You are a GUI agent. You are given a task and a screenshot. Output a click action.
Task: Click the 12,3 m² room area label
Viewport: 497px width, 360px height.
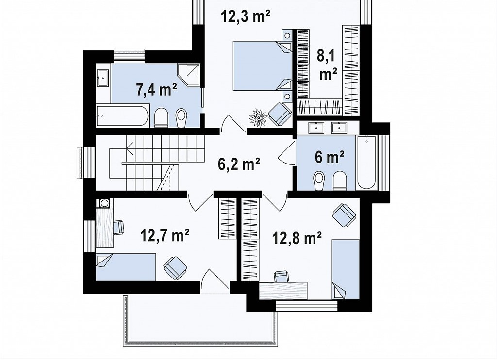point(245,16)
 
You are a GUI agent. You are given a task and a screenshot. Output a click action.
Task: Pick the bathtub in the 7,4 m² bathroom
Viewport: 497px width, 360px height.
point(123,115)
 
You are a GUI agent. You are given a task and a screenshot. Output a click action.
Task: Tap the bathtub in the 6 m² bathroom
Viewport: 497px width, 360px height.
point(367,163)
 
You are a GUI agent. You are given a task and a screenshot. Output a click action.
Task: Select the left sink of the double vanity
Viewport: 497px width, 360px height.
point(316,128)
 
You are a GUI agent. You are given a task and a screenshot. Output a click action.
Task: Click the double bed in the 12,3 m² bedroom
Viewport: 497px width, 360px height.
point(262,65)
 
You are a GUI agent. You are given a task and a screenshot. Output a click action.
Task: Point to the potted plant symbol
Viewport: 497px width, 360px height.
point(259,118)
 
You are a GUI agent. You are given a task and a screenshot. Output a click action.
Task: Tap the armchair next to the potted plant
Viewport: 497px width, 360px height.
point(280,114)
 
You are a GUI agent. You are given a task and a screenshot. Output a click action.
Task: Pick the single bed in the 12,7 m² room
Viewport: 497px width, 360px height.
point(126,267)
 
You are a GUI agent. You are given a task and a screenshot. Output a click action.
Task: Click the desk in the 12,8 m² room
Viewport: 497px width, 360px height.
point(283,291)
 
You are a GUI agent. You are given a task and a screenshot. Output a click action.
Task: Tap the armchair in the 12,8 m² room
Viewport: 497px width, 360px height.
point(344,215)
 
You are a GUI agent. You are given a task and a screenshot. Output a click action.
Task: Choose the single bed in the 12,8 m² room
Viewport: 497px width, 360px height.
point(346,269)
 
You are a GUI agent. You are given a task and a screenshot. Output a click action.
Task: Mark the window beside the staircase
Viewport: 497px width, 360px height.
point(86,163)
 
